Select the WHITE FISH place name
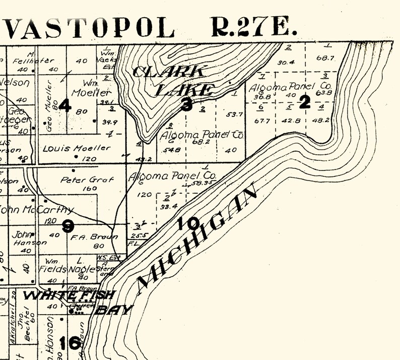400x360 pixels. (x=70, y=295)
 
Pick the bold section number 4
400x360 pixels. (x=64, y=105)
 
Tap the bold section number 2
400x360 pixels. (x=304, y=102)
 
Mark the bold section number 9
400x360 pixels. (x=68, y=226)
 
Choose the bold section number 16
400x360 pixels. (x=69, y=343)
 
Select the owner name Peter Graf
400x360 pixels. (x=87, y=179)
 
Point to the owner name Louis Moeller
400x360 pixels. (x=77, y=148)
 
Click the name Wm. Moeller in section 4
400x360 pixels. (x=91, y=89)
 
